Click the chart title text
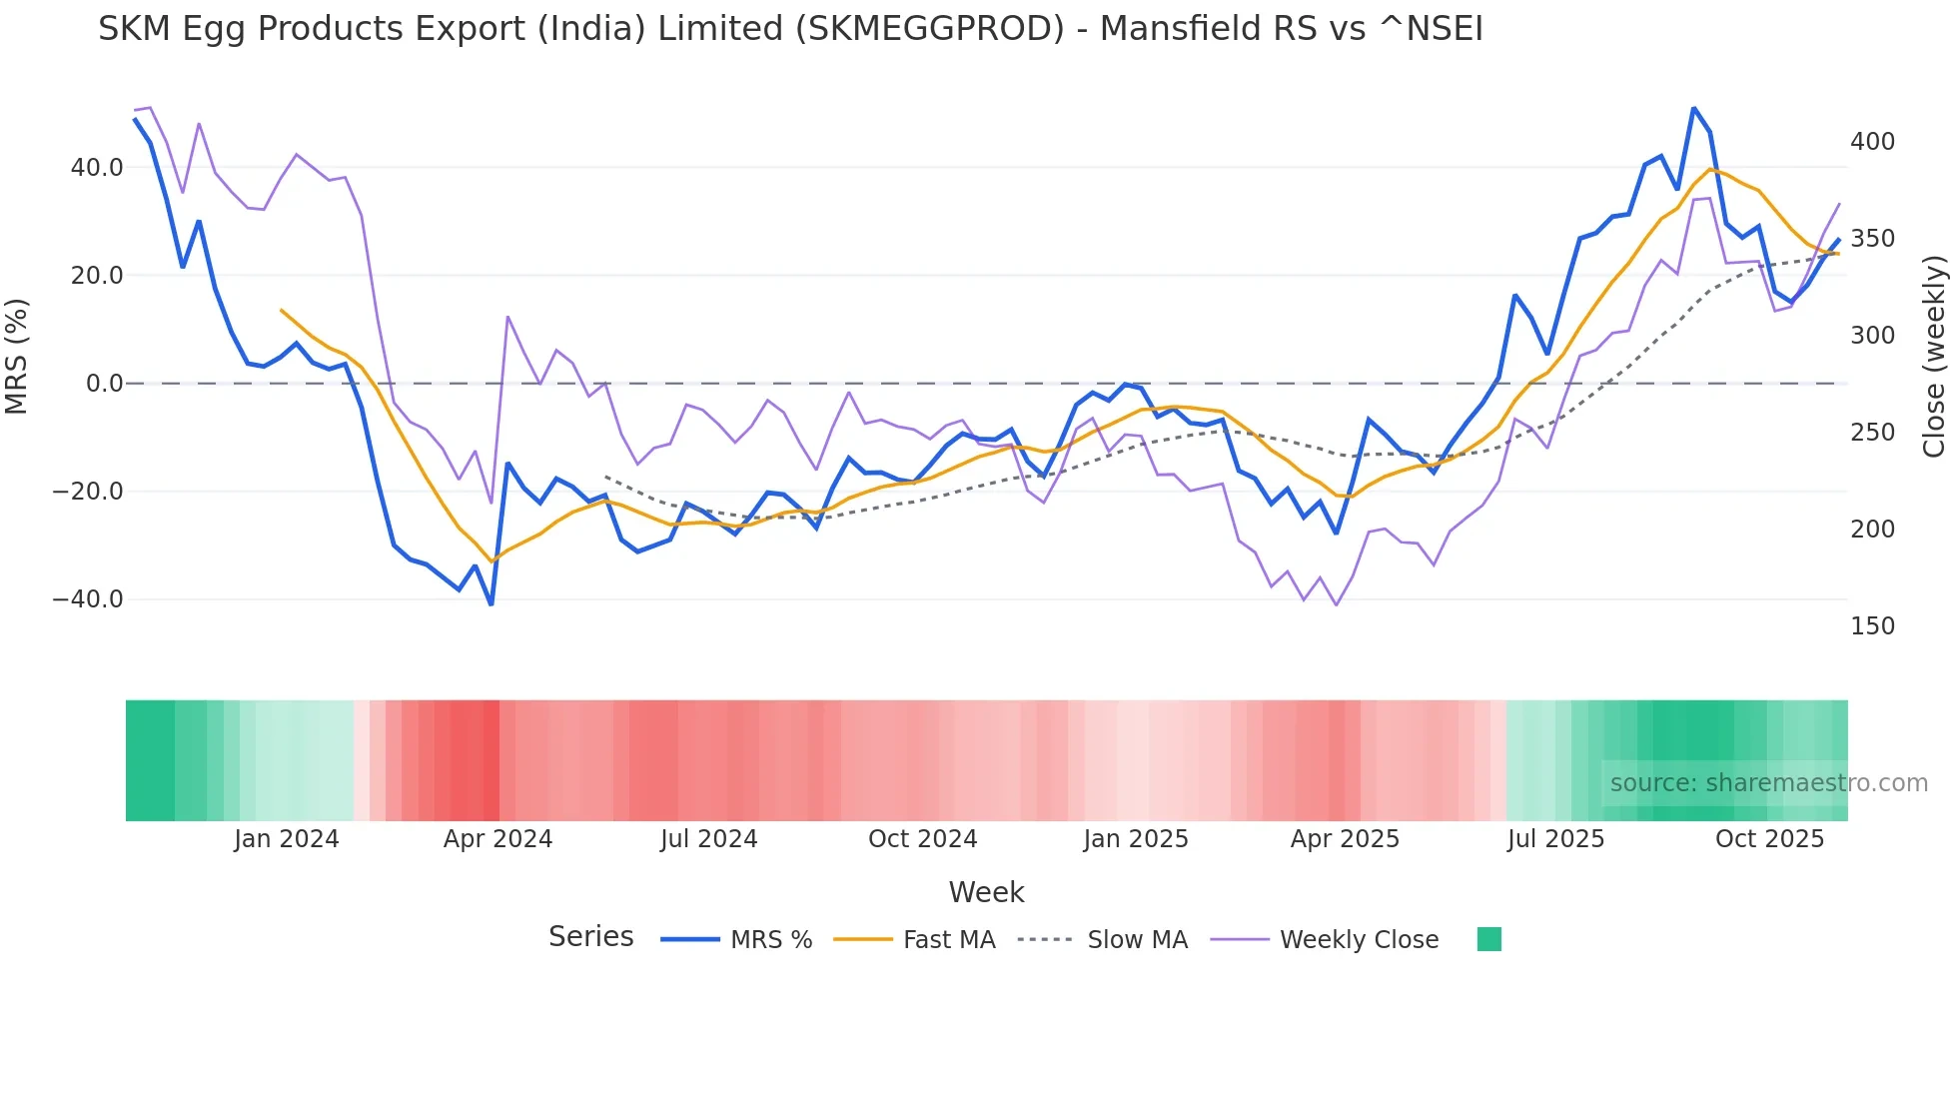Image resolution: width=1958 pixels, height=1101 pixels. pyautogui.click(x=790, y=29)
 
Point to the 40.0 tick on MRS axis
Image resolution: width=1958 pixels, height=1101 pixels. pyautogui.click(x=97, y=168)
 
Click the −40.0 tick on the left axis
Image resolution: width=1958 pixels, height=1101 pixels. pyautogui.click(x=88, y=599)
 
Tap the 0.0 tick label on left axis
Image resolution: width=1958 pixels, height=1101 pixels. pyautogui.click(x=105, y=384)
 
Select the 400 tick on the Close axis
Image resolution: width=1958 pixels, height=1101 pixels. pyautogui.click(x=1872, y=142)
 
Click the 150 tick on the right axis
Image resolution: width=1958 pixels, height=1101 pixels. pyautogui.click(x=1872, y=626)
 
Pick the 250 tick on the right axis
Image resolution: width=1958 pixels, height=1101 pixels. pyautogui.click(x=1872, y=433)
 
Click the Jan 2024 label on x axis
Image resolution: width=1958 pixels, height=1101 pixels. pyautogui.click(x=287, y=839)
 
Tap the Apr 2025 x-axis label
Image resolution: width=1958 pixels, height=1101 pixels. pyautogui.click(x=1345, y=839)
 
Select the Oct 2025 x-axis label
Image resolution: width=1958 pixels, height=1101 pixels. pyautogui.click(x=1769, y=839)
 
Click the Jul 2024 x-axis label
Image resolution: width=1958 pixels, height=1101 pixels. pyautogui.click(x=709, y=839)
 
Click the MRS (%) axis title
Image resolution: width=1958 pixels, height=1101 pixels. pyautogui.click(x=17, y=356)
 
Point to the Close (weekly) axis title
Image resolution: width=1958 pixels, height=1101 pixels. pyautogui.click(x=1935, y=356)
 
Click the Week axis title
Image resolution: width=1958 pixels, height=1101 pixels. pyautogui.click(x=986, y=892)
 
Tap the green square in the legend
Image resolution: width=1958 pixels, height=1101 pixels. pyautogui.click(x=1488, y=939)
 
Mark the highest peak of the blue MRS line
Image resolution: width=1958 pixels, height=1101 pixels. pyautogui.click(x=1693, y=108)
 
